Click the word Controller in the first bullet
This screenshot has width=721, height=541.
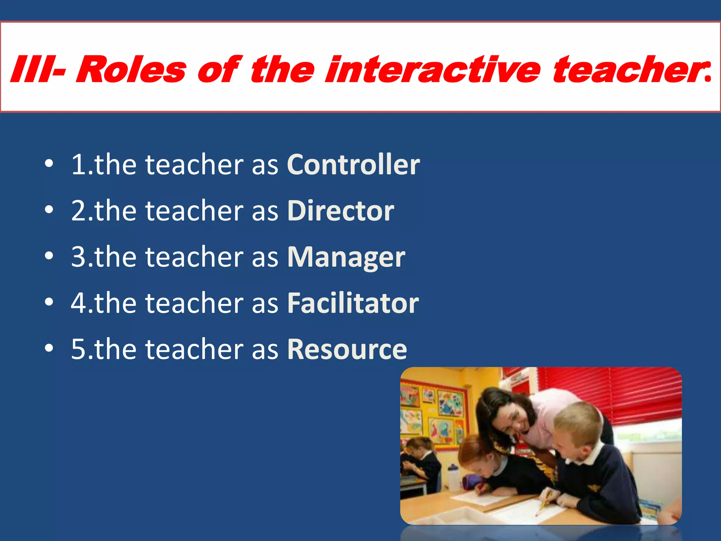click(x=353, y=164)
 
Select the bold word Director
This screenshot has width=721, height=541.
click(x=340, y=211)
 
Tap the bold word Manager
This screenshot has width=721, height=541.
click(x=346, y=257)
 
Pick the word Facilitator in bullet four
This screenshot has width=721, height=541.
click(x=353, y=303)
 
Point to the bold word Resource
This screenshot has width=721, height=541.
click(x=347, y=349)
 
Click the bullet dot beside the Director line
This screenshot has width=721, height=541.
click(x=49, y=210)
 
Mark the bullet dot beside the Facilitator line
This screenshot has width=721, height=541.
click(x=49, y=302)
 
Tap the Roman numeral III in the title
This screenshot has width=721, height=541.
click(x=30, y=70)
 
